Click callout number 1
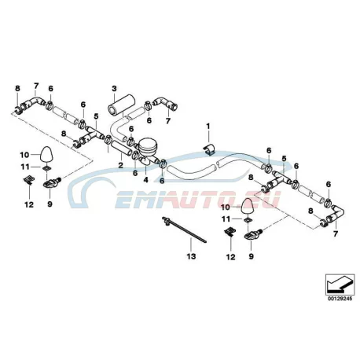pos(208,127)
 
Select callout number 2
pos(120,166)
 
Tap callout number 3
pos(114,88)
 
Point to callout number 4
pos(145,180)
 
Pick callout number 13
pos(191,256)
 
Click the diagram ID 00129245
pos(340,299)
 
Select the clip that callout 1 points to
pos(209,149)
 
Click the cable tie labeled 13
pos(183,230)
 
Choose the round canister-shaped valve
pos(148,147)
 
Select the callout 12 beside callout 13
pos(230,257)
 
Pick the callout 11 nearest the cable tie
pos(226,219)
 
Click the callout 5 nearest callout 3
pos(96,116)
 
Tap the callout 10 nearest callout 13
pos(226,208)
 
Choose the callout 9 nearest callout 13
pos(251,256)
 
